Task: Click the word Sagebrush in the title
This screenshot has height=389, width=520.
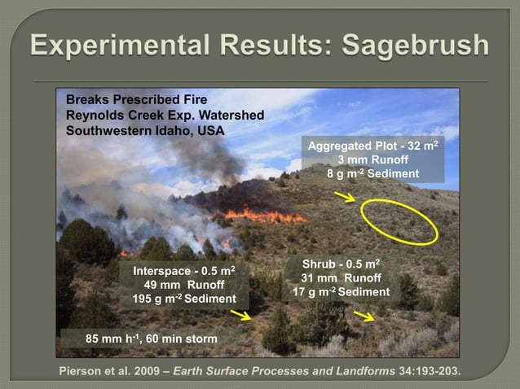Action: click(416, 45)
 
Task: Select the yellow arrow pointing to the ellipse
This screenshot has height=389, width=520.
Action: click(344, 197)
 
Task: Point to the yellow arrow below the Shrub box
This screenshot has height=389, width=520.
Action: click(364, 317)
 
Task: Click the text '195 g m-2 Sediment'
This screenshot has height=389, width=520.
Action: click(184, 299)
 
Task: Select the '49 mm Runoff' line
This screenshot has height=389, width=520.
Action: click(184, 285)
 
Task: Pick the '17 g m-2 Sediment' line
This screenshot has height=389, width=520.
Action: click(341, 292)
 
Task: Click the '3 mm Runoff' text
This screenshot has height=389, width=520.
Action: click(372, 160)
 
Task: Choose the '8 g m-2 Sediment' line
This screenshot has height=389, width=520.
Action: click(372, 174)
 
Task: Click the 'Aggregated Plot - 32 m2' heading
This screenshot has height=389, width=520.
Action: click(372, 146)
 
